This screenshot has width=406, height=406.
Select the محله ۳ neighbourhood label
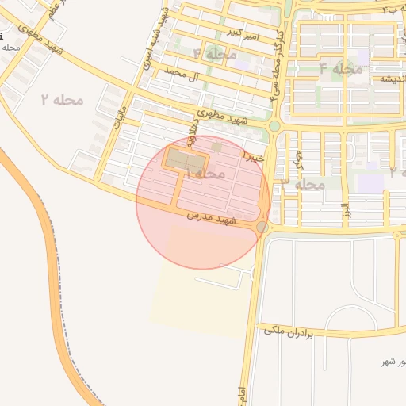click(303, 184)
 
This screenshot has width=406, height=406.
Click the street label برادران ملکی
click(286, 332)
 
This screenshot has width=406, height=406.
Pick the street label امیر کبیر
click(242, 33)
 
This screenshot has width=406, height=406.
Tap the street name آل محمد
click(178, 76)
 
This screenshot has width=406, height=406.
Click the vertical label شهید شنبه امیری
click(147, 40)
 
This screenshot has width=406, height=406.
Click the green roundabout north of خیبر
click(274, 125)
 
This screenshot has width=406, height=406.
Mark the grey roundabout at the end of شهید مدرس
click(262, 228)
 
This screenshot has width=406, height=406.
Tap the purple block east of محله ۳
click(370, 183)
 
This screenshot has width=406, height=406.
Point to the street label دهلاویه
click(193, 135)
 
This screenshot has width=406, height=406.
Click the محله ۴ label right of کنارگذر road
click(340, 69)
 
